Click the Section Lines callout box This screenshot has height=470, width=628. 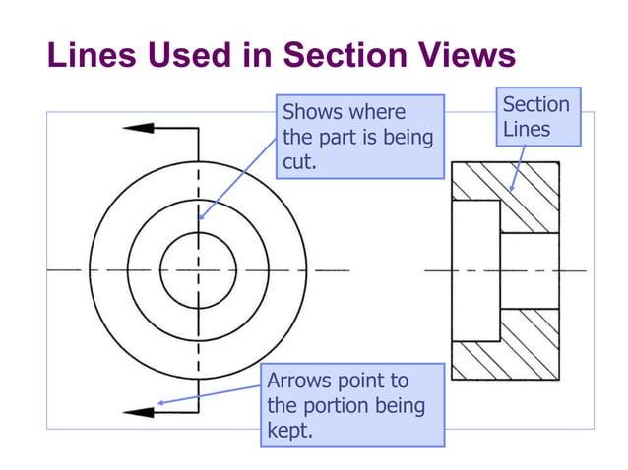tap(536, 117)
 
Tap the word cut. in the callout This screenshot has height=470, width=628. tap(299, 162)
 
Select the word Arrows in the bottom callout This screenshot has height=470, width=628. tap(299, 381)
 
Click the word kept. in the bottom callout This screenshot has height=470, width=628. tap(290, 430)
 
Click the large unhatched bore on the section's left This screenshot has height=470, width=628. tap(475, 269)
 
